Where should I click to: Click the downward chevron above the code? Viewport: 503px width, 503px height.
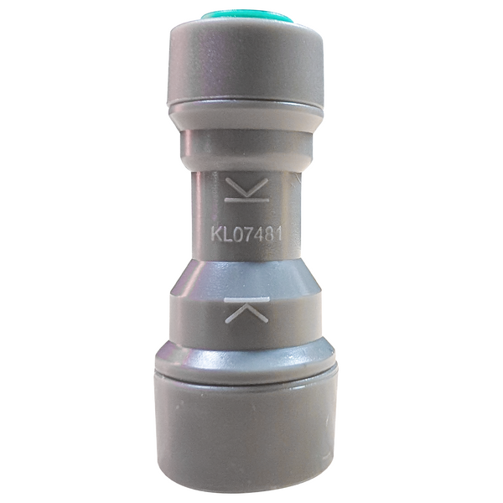[247, 186]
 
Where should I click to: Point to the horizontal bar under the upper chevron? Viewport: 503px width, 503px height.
[247, 200]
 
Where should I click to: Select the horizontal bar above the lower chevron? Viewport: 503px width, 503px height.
[248, 298]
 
